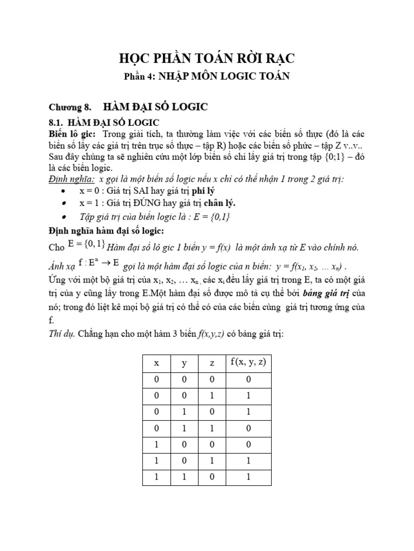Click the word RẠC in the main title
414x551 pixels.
click(276, 58)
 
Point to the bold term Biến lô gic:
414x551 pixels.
click(72, 133)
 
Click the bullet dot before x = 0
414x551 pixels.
click(64, 192)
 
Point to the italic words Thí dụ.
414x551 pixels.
click(62, 334)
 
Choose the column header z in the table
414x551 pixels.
click(212, 363)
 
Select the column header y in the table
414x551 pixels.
click(184, 363)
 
